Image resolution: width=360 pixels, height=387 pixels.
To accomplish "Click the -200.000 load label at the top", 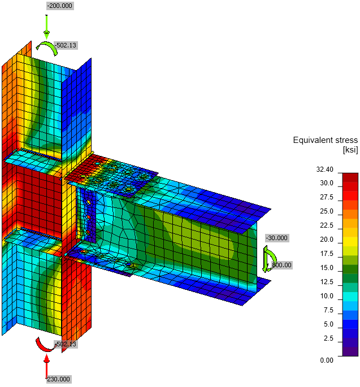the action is (60, 6).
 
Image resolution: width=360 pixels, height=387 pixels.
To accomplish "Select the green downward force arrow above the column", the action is (46, 27).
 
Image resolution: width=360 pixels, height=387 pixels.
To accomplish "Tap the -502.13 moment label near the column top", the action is (66, 45).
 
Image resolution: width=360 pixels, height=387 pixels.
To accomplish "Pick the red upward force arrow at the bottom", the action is (46, 366).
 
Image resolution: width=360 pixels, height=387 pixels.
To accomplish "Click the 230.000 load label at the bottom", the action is (59, 379).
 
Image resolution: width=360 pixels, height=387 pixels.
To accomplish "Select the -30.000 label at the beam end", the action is (277, 238).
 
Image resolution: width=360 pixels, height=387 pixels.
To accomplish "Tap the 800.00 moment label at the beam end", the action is (282, 265).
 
